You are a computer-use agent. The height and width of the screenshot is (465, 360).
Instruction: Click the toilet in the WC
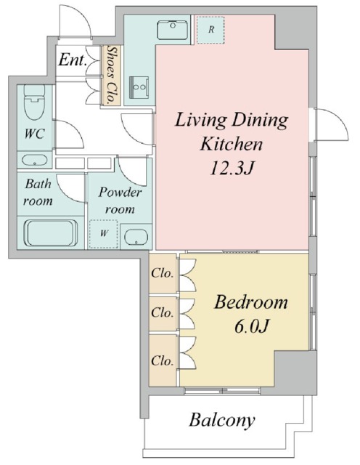34,102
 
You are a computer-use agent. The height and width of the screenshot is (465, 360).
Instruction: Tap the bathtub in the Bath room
52,232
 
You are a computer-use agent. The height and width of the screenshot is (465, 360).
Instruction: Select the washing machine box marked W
104,234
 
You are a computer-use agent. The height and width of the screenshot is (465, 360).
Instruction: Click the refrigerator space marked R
210,30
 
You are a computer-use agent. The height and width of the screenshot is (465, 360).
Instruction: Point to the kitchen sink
173,30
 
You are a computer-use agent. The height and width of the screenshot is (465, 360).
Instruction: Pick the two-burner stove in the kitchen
139,87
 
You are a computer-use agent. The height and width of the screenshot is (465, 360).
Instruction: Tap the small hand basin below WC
35,160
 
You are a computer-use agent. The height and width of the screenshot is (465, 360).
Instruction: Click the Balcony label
222,421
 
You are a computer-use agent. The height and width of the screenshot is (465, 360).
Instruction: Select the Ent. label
73,60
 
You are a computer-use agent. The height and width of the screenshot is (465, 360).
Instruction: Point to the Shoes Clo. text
111,75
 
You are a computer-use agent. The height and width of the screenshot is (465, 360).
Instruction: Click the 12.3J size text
231,169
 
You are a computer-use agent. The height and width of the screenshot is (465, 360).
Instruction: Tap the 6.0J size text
251,326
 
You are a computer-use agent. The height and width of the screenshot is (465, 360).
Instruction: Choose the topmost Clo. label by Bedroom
162,273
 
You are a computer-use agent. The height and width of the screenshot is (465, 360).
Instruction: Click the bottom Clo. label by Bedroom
162,361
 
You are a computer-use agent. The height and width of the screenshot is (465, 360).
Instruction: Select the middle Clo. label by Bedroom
162,312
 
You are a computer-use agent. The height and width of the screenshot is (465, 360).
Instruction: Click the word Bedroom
251,302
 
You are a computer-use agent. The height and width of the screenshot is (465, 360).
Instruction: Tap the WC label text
34,134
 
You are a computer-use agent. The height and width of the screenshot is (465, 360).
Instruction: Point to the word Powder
120,193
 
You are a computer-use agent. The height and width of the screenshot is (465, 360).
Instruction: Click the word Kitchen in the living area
232,144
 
